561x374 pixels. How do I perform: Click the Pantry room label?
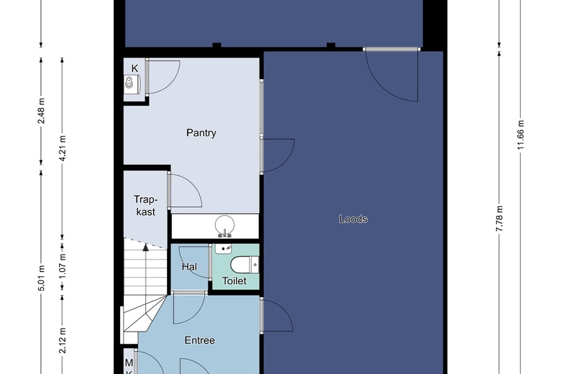(201, 133)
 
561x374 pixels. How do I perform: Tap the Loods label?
(353, 219)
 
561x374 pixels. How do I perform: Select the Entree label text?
(200, 340)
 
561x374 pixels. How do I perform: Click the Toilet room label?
(234, 281)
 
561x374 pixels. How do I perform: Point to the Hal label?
(189, 267)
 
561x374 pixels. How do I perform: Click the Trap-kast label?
(145, 206)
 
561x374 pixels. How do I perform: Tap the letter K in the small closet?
(134, 68)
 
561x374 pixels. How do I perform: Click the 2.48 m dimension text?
(42, 111)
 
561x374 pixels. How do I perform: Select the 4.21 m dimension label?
(63, 148)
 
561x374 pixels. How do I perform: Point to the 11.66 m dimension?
(521, 134)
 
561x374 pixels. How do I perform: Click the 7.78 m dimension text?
(499, 219)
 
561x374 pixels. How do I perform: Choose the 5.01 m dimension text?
(42, 278)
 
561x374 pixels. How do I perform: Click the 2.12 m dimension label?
(63, 340)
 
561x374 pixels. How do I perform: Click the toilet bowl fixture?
(245, 265)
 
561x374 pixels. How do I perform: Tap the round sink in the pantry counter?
(224, 225)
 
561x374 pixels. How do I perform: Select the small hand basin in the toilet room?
(223, 248)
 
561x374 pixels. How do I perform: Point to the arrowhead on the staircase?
(145, 247)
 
